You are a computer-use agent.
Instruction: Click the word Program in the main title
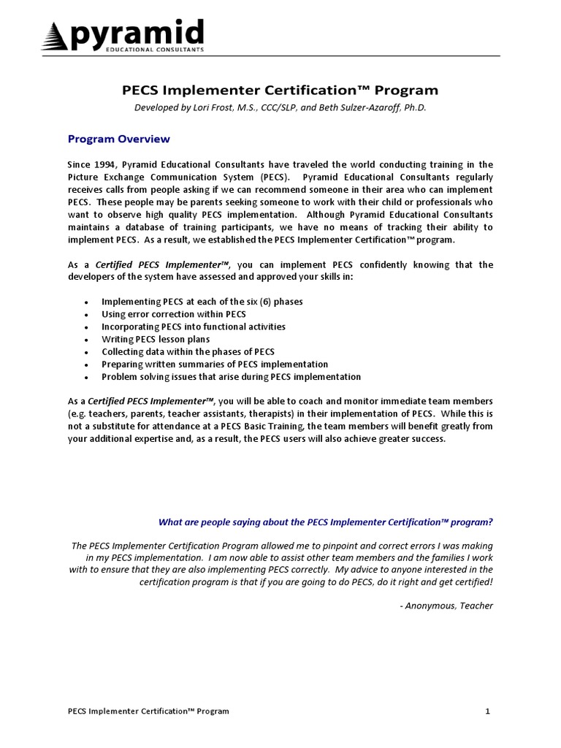coord(407,91)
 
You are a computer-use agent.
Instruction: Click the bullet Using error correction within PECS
coord(174,314)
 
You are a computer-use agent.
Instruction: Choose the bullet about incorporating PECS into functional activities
coord(194,327)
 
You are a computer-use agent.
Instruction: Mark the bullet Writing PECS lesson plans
coord(156,339)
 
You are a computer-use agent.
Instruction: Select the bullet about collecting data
coord(188,351)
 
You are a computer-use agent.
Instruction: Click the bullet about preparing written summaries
coord(215,364)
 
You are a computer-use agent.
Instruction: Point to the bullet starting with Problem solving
coord(231,377)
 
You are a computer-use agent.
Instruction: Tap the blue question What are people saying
coord(326,522)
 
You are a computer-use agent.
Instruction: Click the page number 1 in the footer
coord(487,711)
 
